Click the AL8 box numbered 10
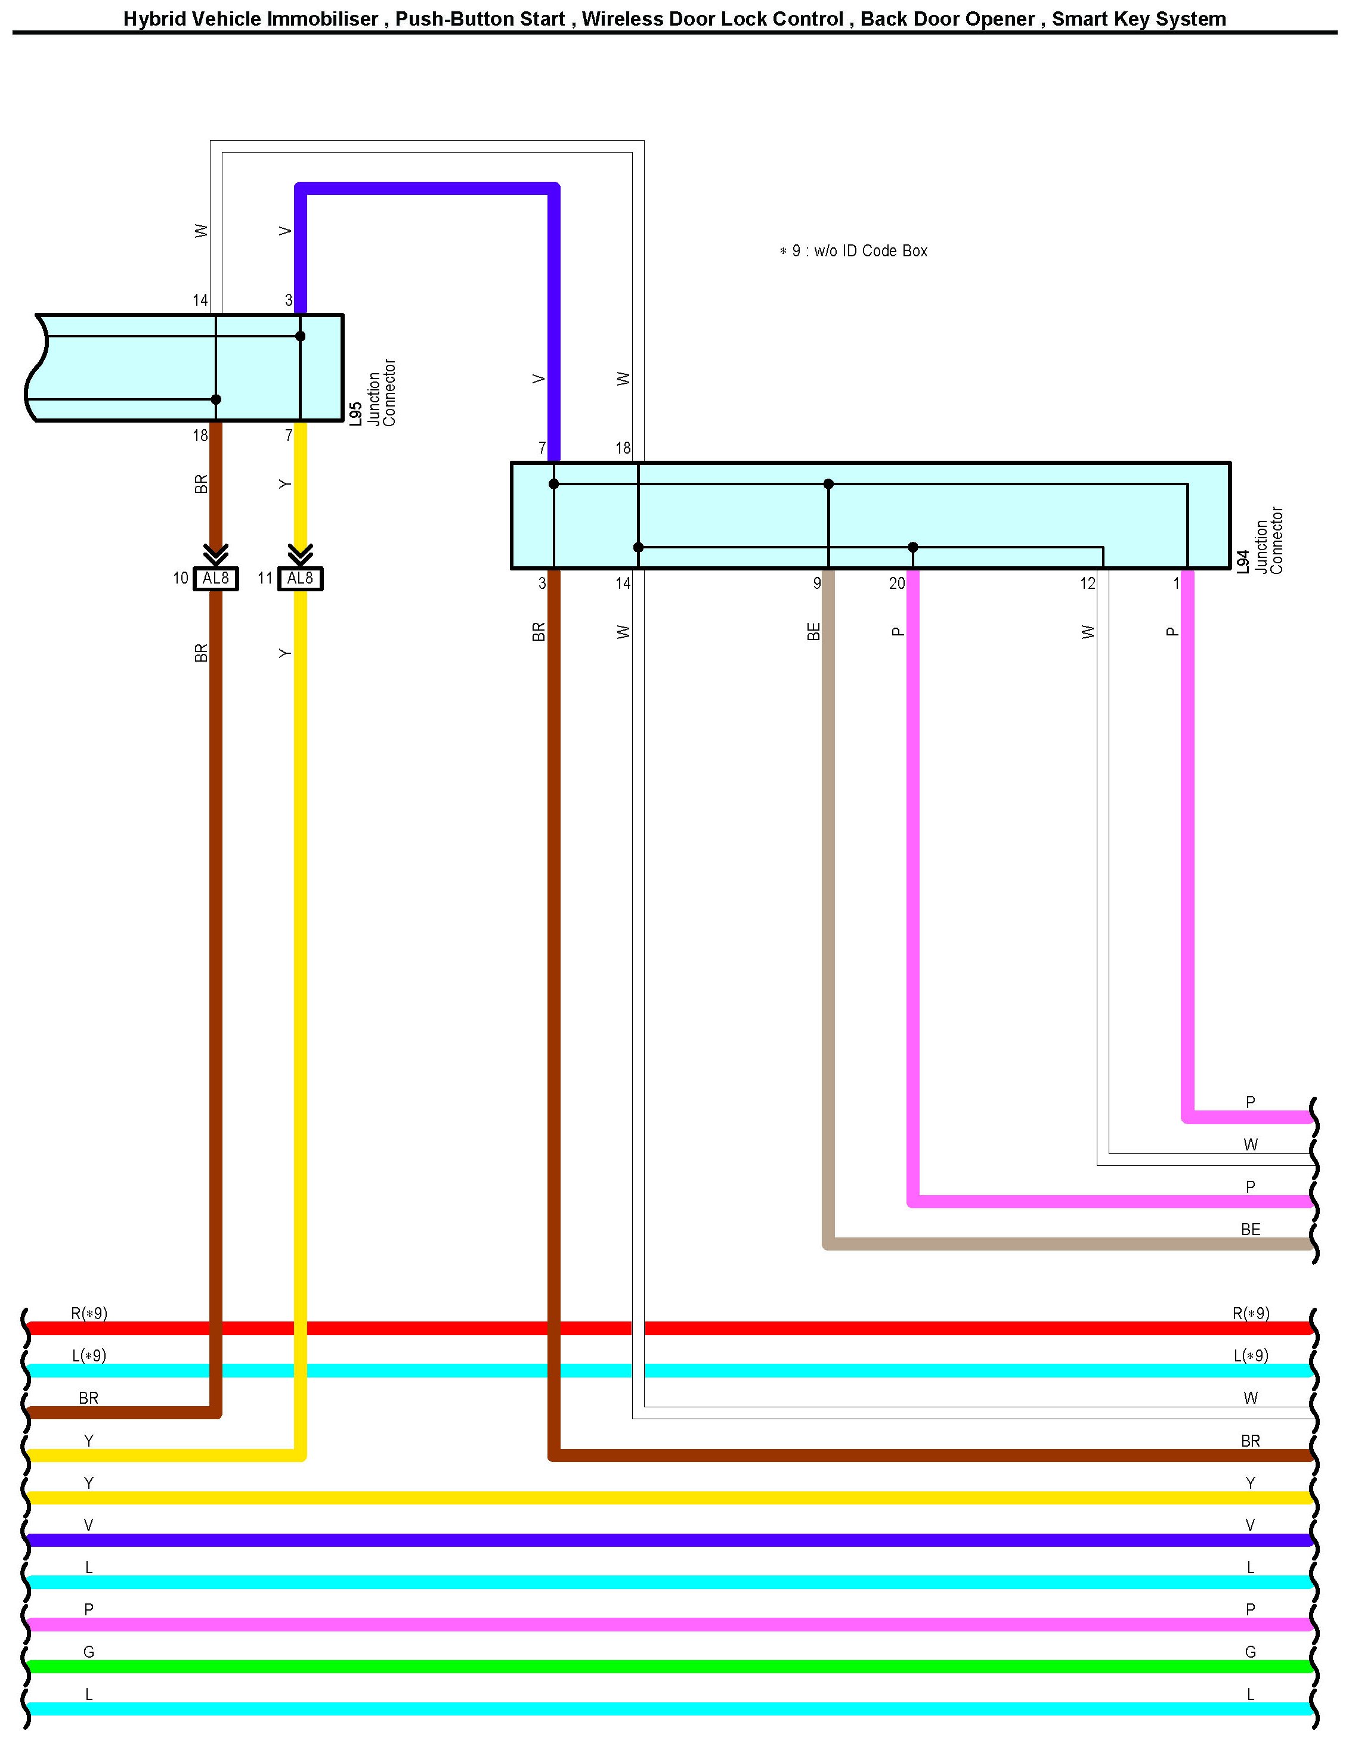(x=216, y=579)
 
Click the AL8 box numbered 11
(x=301, y=579)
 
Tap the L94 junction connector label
(x=1260, y=541)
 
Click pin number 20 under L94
(x=897, y=584)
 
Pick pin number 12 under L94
(x=1087, y=584)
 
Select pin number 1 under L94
(x=1177, y=584)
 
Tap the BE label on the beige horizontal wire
(x=1250, y=1230)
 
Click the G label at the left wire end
(x=88, y=1652)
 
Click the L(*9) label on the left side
(x=88, y=1355)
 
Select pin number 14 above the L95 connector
(x=200, y=301)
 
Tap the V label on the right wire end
(x=1250, y=1525)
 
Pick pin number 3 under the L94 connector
(x=542, y=584)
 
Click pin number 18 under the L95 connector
(x=200, y=436)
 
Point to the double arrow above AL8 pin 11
(x=301, y=554)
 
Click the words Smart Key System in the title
(x=1138, y=19)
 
